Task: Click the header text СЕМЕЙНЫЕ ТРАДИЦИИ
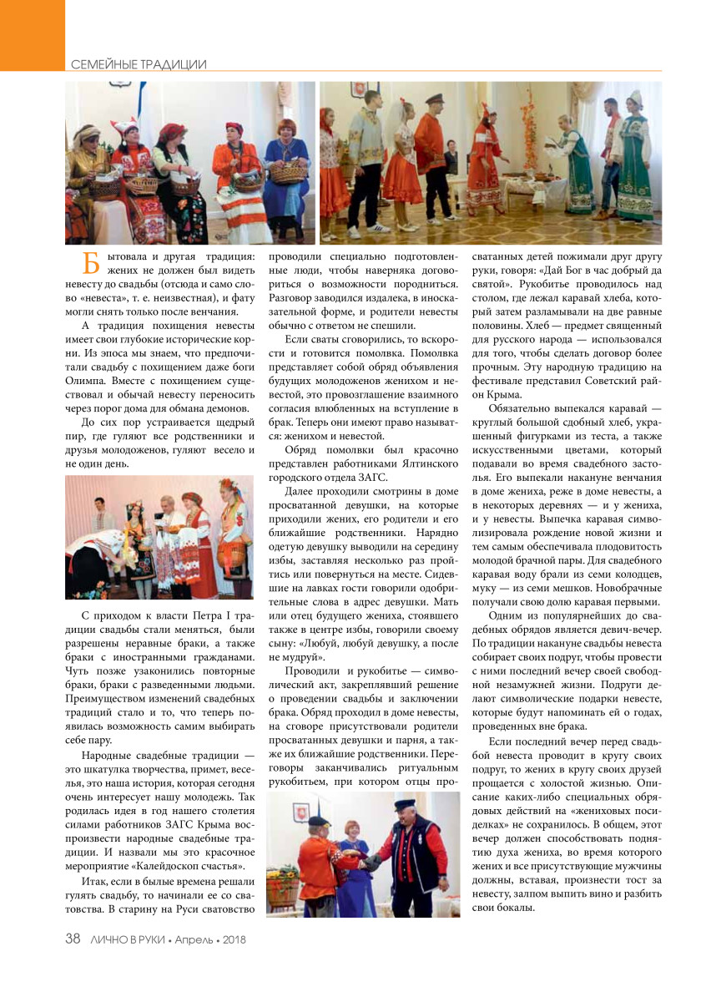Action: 138,64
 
